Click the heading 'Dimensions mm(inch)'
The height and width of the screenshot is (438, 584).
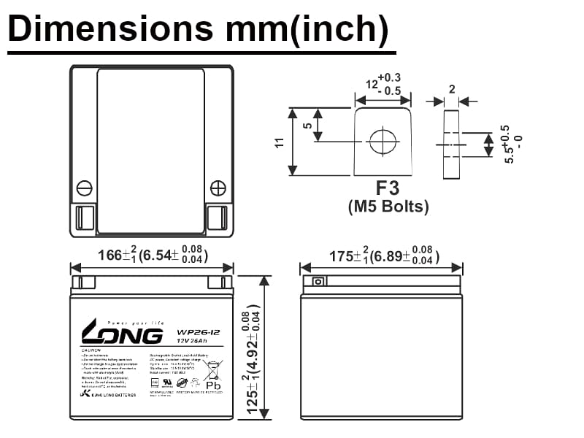click(x=198, y=28)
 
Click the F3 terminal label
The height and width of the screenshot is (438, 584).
click(x=387, y=188)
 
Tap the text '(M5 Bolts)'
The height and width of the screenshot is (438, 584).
click(x=387, y=207)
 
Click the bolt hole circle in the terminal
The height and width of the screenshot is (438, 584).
click(x=382, y=141)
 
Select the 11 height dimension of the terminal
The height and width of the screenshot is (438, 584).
click(x=279, y=142)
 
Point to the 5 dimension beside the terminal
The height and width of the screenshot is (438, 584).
click(x=307, y=126)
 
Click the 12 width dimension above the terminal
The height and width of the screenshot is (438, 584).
click(x=383, y=84)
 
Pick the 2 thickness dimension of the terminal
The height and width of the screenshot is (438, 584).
click(x=452, y=89)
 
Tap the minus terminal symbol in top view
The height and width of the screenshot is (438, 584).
click(x=85, y=188)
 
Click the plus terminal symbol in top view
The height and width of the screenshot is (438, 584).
click(x=218, y=188)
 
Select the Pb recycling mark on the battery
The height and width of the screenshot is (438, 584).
click(x=212, y=383)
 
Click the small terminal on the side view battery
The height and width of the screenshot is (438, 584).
click(x=318, y=282)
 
